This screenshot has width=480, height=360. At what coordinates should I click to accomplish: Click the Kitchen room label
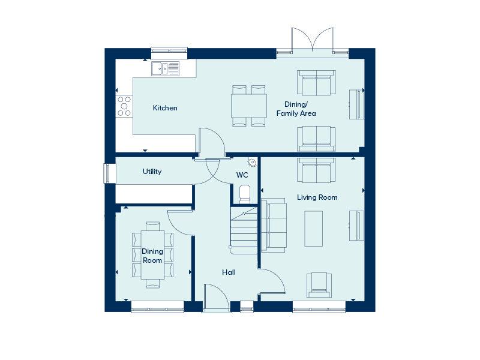coord(165,108)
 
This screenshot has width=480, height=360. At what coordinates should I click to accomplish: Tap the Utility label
coord(152,172)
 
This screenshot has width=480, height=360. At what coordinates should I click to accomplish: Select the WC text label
coord(242,175)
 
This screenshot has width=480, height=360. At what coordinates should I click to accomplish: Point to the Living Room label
coord(317,197)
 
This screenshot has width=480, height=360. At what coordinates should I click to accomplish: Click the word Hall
coord(229,272)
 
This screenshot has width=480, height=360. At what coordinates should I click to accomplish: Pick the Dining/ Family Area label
coord(296,109)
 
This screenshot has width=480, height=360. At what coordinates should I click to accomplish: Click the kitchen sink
coord(166,68)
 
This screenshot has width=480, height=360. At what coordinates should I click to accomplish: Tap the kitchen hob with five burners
coord(124,106)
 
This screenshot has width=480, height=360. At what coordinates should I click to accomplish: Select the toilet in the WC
coord(245,194)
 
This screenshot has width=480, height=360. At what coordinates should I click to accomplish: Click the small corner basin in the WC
coord(252,162)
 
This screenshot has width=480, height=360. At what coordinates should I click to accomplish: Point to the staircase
coord(244,230)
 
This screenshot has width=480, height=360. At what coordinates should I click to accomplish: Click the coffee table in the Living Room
coord(313,229)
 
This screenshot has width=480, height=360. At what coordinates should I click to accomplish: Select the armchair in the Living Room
coord(319,285)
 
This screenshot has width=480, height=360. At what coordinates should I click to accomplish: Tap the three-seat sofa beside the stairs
coord(274,226)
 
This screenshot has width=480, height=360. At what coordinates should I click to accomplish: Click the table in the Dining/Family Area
coord(249,106)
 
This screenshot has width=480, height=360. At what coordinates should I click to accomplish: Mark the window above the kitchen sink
coord(169,53)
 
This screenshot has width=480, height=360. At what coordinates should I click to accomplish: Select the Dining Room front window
coord(157,307)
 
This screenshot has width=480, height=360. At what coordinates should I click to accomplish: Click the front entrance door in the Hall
coord(217,298)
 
